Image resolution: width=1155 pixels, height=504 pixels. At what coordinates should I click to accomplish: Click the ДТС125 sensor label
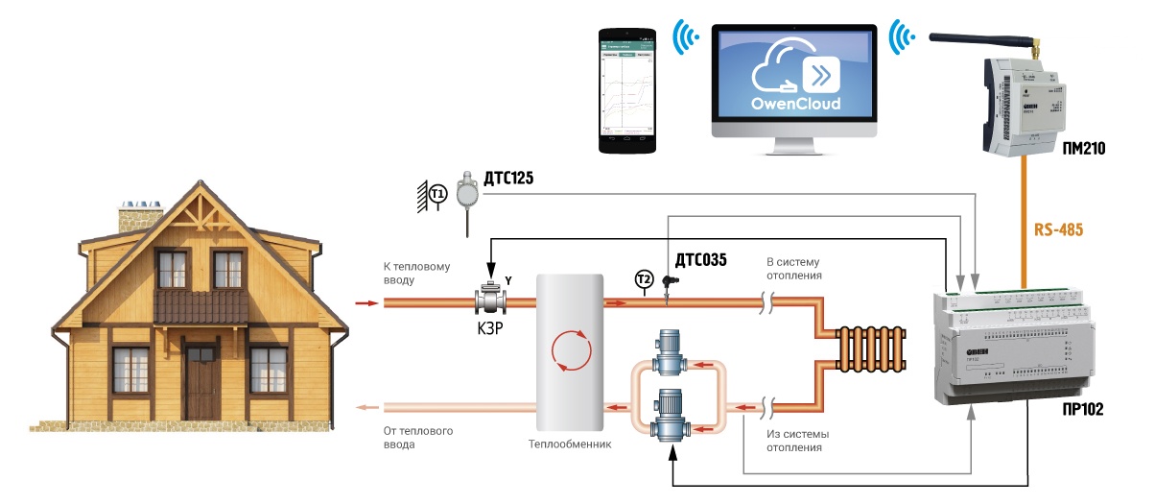[509, 179]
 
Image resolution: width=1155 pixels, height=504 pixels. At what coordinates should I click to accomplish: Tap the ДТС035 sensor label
[700, 259]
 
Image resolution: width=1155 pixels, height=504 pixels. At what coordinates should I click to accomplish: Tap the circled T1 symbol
[437, 194]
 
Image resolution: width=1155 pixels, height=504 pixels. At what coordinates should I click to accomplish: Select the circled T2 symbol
[644, 279]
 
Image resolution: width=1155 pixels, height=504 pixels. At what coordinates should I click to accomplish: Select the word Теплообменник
[570, 444]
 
